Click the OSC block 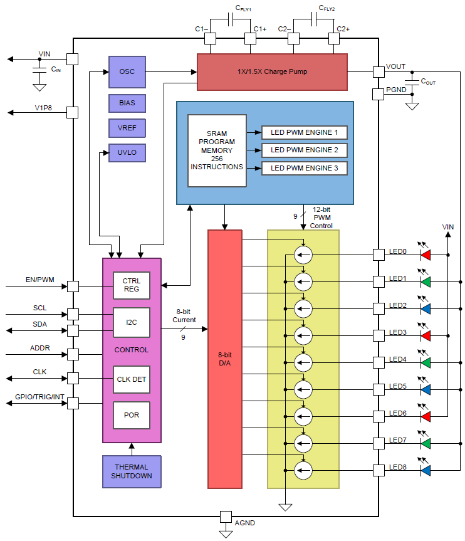pyautogui.click(x=127, y=71)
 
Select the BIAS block pyautogui.click(x=127, y=102)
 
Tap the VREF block pyautogui.click(x=127, y=128)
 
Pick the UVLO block pyautogui.click(x=127, y=153)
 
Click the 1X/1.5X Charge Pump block pyautogui.click(x=272, y=72)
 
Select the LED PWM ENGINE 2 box pyautogui.click(x=304, y=150)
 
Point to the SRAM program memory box pyautogui.click(x=217, y=150)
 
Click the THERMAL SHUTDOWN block pyautogui.click(x=131, y=471)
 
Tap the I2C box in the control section pyautogui.click(x=132, y=323)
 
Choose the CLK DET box pyautogui.click(x=132, y=379)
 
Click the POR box pyautogui.click(x=132, y=415)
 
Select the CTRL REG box pyautogui.click(x=132, y=286)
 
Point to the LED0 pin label pyautogui.click(x=398, y=251)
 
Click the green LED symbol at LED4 pyautogui.click(x=426, y=362)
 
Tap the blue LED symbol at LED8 pyautogui.click(x=426, y=470)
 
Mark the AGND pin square pyautogui.click(x=226, y=517)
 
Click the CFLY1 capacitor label pyautogui.click(x=243, y=8)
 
